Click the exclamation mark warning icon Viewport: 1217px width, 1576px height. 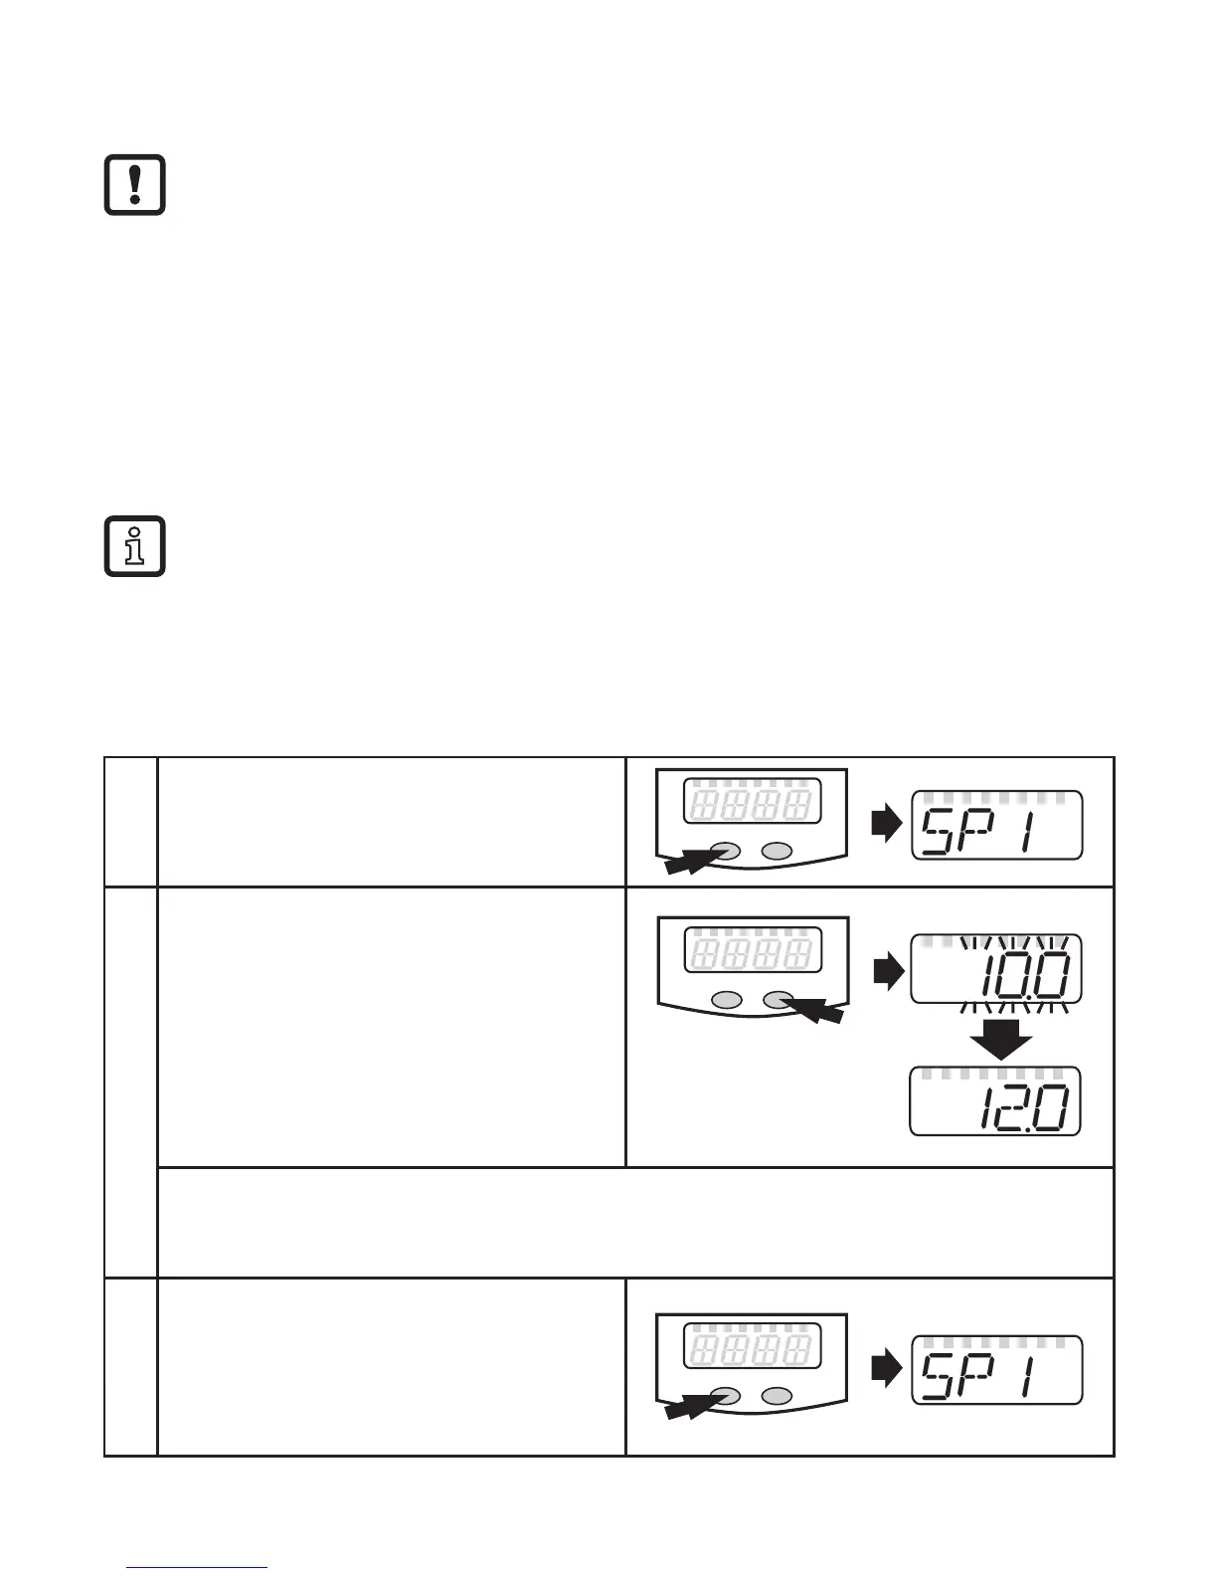click(135, 185)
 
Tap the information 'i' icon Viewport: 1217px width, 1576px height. click(135, 547)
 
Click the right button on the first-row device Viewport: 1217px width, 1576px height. click(777, 852)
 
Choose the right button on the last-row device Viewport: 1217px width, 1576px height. click(777, 1396)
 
